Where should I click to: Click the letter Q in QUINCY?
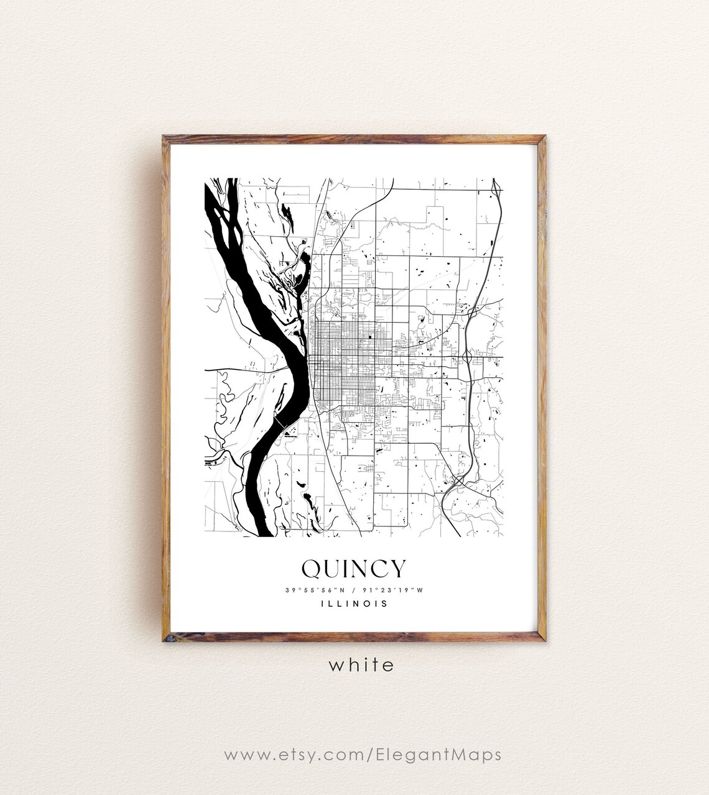312,568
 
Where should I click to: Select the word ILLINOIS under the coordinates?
354,603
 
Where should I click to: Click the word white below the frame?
361,664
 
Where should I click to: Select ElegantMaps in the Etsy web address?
438,755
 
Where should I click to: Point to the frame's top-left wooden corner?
165,138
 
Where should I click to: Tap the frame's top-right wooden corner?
542,138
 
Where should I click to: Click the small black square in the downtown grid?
371,338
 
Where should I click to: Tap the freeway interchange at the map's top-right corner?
496,186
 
